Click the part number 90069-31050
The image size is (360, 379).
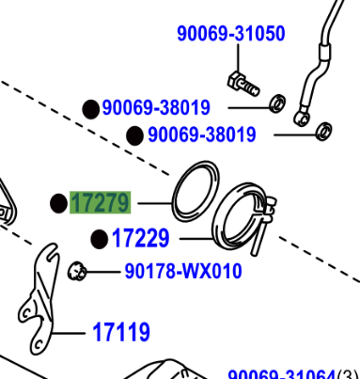[x=231, y=34]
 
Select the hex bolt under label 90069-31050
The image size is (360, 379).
[x=243, y=84]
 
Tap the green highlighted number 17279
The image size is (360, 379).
[x=101, y=202]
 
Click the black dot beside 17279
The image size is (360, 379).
[x=58, y=203]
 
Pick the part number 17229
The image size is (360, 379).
[x=141, y=238]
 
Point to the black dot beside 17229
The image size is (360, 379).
[x=100, y=239]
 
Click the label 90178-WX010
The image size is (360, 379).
[x=183, y=271]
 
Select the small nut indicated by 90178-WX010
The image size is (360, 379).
[x=76, y=271]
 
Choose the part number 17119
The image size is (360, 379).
[x=121, y=332]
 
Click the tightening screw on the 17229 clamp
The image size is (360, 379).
[x=263, y=226]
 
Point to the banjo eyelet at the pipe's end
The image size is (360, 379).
[x=302, y=118]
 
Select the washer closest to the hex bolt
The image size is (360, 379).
[x=278, y=103]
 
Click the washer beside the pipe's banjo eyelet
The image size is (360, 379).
[x=324, y=132]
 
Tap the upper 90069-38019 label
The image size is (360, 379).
[x=156, y=107]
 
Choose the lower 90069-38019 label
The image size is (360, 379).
[x=202, y=134]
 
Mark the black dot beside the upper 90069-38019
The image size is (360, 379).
[x=91, y=109]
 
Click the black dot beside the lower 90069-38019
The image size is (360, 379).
[x=134, y=135]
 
